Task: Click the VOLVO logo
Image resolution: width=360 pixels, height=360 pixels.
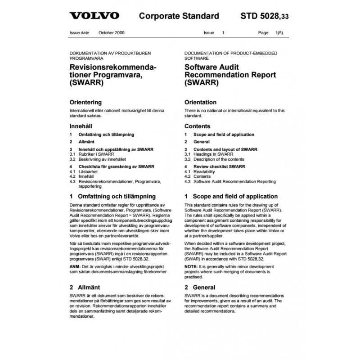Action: tap(94, 16)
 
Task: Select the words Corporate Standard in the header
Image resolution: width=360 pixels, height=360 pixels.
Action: tap(179, 17)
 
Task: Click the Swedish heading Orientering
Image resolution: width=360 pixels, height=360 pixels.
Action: tap(85, 102)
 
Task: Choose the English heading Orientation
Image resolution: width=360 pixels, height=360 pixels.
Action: tap(201, 102)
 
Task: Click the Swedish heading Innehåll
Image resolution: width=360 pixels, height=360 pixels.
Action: tap(81, 126)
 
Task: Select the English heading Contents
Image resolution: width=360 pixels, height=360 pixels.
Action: tap(198, 126)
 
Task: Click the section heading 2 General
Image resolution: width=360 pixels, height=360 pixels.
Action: tap(200, 287)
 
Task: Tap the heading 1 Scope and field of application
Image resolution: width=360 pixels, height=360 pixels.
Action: tap(231, 196)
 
